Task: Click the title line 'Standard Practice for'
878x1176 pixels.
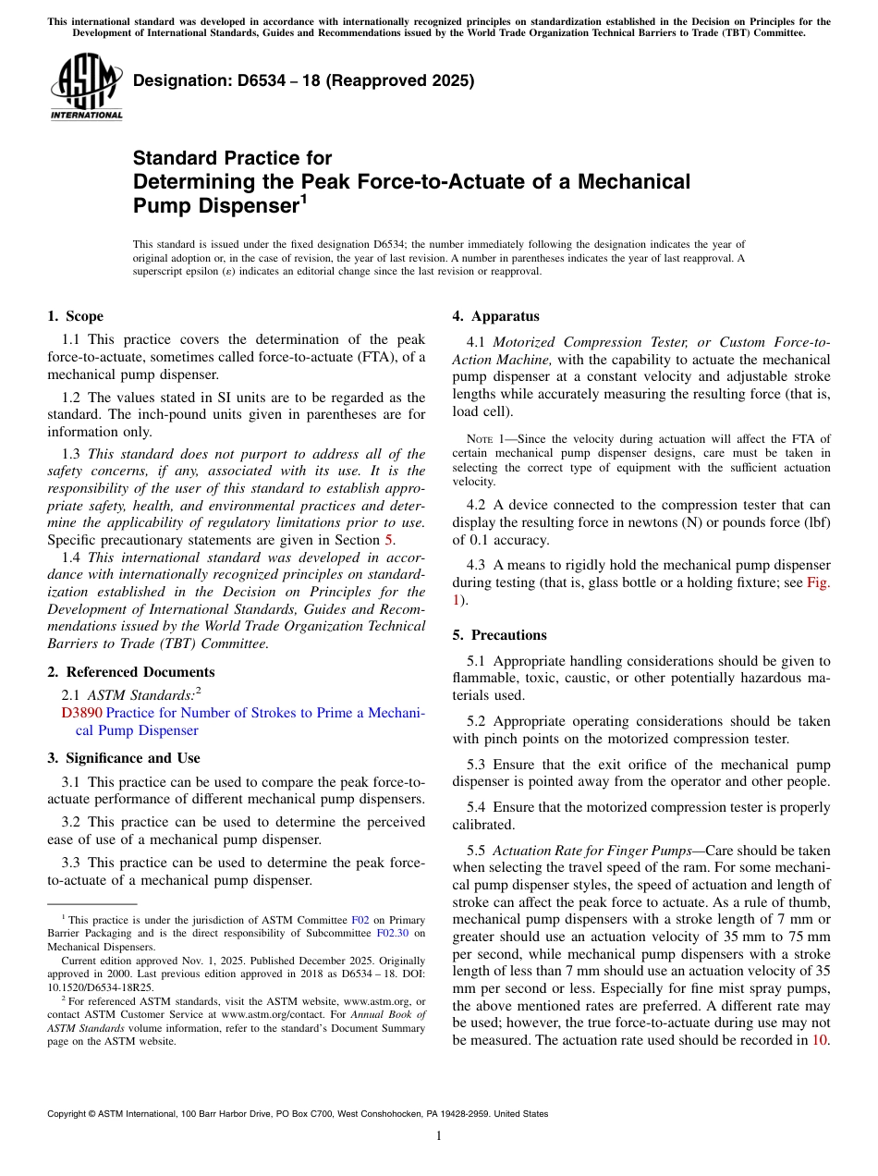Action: click(232, 158)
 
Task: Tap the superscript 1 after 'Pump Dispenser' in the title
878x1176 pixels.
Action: click(303, 199)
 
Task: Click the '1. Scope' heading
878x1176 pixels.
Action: click(76, 316)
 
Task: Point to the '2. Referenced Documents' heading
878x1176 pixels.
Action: click(130, 672)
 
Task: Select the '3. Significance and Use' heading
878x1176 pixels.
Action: click(123, 758)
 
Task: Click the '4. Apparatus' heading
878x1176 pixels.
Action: click(495, 316)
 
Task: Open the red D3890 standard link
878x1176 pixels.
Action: click(81, 713)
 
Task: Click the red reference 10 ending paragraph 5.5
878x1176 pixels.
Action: click(819, 1039)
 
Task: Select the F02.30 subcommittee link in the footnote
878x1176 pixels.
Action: click(392, 934)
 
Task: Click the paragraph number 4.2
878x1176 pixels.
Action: click(476, 505)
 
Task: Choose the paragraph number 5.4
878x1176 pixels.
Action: click(476, 807)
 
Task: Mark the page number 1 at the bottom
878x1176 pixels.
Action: click(439, 1136)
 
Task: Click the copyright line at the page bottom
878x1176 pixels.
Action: click(298, 1114)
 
